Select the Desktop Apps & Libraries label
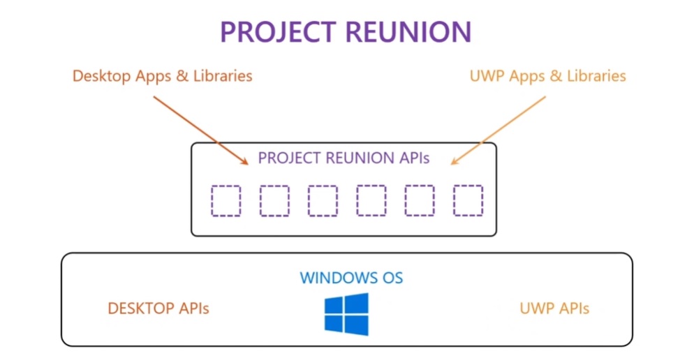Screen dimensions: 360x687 (x=162, y=75)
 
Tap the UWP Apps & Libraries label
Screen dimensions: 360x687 (x=547, y=75)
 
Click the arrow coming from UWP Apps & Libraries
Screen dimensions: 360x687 (x=497, y=130)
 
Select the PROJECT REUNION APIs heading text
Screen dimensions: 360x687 (x=343, y=158)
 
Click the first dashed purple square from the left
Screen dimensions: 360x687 (x=226, y=201)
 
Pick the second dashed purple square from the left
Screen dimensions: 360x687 (x=274, y=201)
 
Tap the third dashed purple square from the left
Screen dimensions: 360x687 (x=323, y=201)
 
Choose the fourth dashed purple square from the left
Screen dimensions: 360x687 (x=371, y=201)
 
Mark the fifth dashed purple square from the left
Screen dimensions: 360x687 (x=419, y=201)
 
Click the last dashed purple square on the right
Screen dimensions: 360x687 (x=467, y=201)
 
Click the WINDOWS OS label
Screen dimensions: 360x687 (x=351, y=278)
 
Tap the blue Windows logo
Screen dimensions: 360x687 (x=346, y=314)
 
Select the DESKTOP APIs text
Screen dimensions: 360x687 (x=158, y=308)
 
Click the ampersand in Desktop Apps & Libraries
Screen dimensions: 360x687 (x=183, y=75)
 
